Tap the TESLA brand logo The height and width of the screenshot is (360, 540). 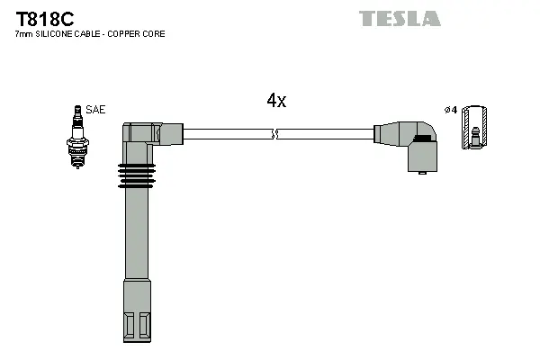click(x=400, y=19)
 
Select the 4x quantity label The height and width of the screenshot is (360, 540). click(x=276, y=102)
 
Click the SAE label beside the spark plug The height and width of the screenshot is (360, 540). click(x=96, y=110)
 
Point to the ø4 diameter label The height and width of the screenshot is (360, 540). click(x=451, y=110)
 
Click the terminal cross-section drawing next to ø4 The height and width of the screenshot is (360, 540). click(x=475, y=128)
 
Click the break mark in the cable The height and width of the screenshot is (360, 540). click(x=276, y=135)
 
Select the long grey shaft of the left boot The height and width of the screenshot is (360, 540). click(x=136, y=238)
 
